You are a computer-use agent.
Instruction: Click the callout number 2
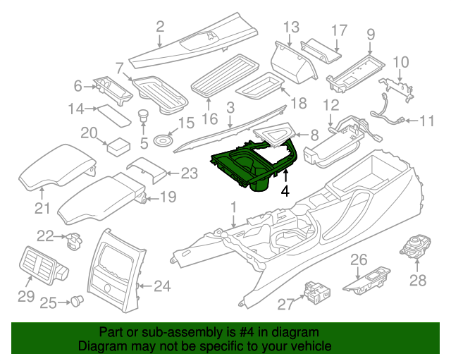click(x=160, y=27)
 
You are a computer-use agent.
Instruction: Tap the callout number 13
click(x=292, y=27)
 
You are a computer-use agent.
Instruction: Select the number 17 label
click(x=339, y=30)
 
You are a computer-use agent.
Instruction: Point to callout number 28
click(x=418, y=281)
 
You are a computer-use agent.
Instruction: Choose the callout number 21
click(x=43, y=208)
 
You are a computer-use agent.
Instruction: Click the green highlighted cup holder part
click(x=254, y=165)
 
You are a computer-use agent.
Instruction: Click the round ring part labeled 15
click(x=161, y=140)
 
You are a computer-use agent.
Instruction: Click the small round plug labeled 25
click(x=75, y=301)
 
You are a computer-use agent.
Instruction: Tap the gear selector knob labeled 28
click(x=412, y=245)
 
